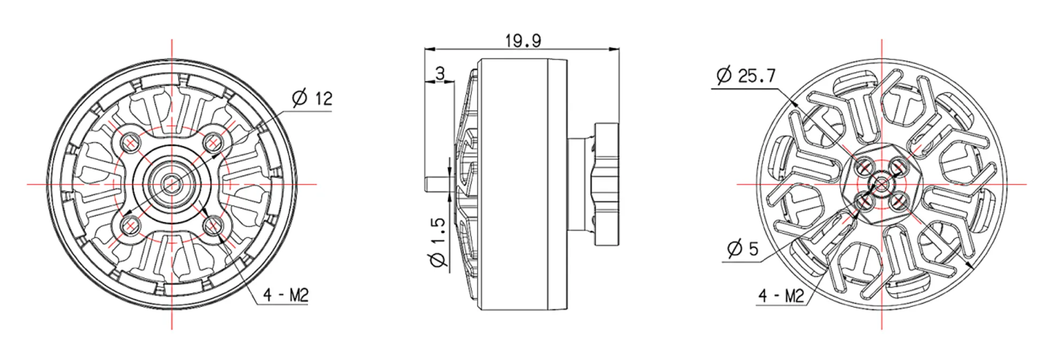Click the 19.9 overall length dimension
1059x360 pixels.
click(x=523, y=41)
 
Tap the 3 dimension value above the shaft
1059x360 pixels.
click(x=440, y=73)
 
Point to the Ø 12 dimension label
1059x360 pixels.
click(x=312, y=98)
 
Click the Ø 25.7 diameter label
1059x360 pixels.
click(x=746, y=75)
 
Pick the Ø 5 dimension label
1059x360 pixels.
click(x=743, y=249)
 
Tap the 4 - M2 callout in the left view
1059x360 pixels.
click(x=286, y=295)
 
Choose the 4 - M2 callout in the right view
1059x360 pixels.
click(x=781, y=296)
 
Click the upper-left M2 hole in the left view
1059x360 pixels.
click(x=130, y=142)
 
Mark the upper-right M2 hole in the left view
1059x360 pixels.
click(x=213, y=142)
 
